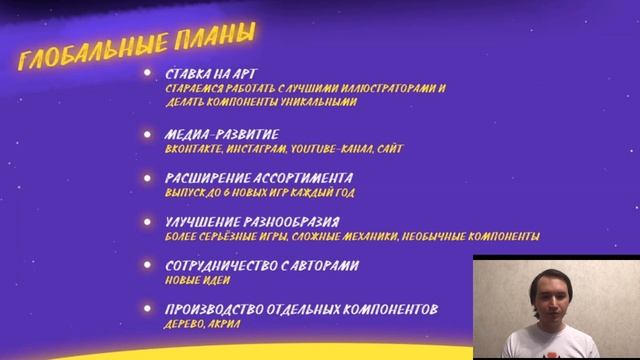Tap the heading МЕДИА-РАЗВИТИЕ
[x=222, y=134]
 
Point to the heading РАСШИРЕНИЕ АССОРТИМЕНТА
[x=259, y=178]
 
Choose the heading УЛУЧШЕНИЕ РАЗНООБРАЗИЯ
[x=252, y=222]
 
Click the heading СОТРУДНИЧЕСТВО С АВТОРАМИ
[x=262, y=266]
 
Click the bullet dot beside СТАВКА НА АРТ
[x=148, y=74]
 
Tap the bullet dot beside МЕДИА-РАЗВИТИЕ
[x=148, y=134]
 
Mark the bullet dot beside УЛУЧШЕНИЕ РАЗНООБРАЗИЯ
[x=148, y=222]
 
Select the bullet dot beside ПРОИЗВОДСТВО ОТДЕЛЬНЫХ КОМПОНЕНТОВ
[x=148, y=309]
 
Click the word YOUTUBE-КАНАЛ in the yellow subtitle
[x=331, y=148]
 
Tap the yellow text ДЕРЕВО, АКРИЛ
[x=203, y=323]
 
